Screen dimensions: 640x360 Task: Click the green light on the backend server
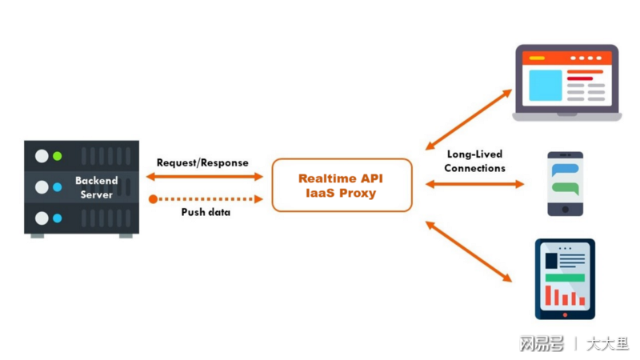click(x=57, y=156)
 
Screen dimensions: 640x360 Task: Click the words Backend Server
click(x=96, y=187)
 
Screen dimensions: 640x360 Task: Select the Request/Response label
click(x=202, y=163)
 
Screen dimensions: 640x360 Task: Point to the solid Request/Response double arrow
click(x=205, y=177)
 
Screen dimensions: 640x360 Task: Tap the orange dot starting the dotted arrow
click(x=153, y=199)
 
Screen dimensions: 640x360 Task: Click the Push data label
click(x=206, y=212)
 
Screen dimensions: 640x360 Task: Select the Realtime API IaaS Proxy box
click(x=342, y=186)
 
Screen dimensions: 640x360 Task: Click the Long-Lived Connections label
click(x=474, y=162)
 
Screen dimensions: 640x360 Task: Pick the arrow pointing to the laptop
click(x=469, y=119)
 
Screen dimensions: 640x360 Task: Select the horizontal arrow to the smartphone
click(x=474, y=184)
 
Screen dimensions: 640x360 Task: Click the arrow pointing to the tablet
click(x=469, y=251)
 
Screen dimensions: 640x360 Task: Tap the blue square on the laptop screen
click(x=546, y=86)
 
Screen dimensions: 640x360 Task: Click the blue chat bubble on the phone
click(x=566, y=170)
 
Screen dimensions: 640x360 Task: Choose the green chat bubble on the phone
click(x=566, y=189)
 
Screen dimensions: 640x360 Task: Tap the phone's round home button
click(x=566, y=210)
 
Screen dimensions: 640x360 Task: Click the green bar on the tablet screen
click(x=566, y=278)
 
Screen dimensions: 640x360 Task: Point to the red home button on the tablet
click(x=565, y=314)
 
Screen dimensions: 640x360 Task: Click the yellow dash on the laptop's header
click(x=537, y=58)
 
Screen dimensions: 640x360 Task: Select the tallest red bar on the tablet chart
click(x=548, y=295)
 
